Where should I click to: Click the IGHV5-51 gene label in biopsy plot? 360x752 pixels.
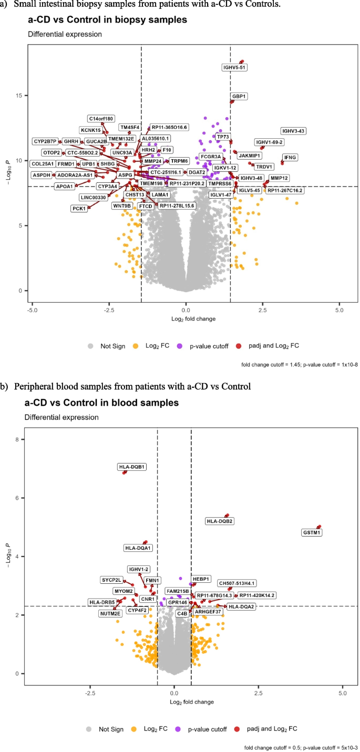[x=234, y=67]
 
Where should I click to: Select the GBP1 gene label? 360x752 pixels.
[x=239, y=96]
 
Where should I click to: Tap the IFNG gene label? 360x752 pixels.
[x=290, y=157]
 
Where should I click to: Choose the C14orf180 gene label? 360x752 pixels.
[x=101, y=119]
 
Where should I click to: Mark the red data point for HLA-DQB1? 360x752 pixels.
[x=125, y=458]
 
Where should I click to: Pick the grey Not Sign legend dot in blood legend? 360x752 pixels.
[x=90, y=729]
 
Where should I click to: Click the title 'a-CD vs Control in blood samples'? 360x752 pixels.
[x=101, y=388]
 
